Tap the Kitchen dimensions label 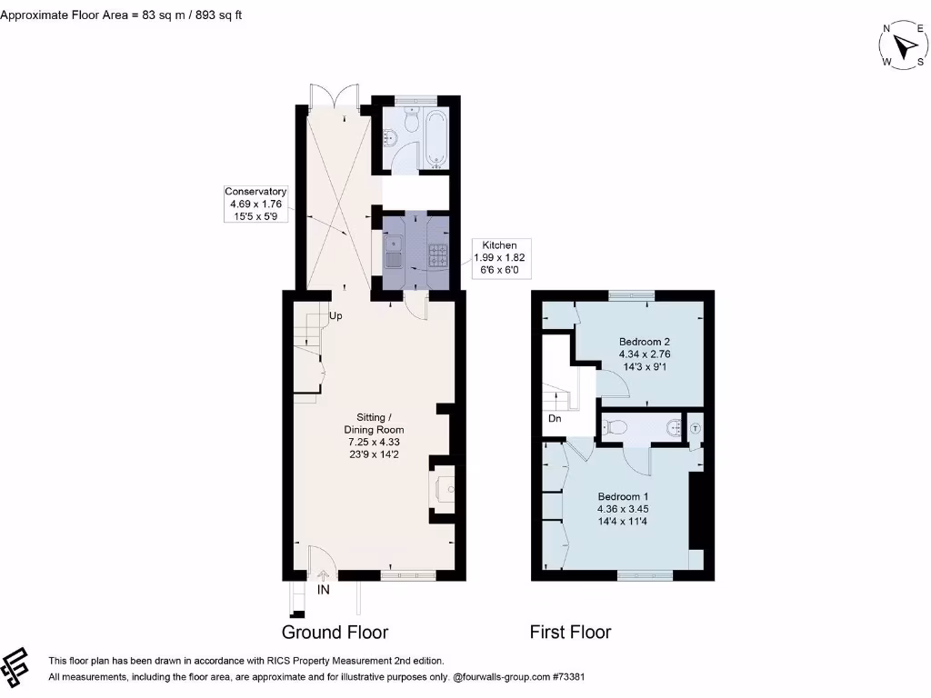[x=499, y=258]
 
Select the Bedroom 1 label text [x=623, y=509]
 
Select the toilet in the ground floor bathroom [x=411, y=121]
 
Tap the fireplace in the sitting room [x=445, y=490]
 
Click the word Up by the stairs [x=335, y=316]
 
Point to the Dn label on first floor [x=554, y=419]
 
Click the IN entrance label [x=323, y=590]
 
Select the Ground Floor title [x=335, y=632]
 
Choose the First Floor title [x=570, y=632]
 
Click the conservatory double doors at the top [x=333, y=96]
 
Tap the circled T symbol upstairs [x=696, y=427]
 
